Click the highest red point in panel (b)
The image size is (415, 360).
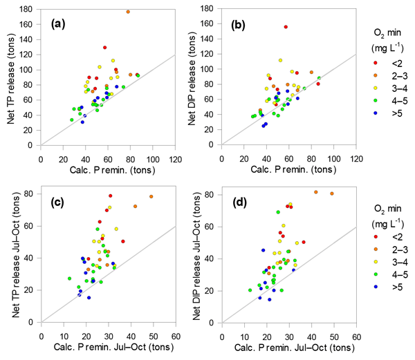pos(286,27)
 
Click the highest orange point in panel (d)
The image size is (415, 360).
pos(316,192)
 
